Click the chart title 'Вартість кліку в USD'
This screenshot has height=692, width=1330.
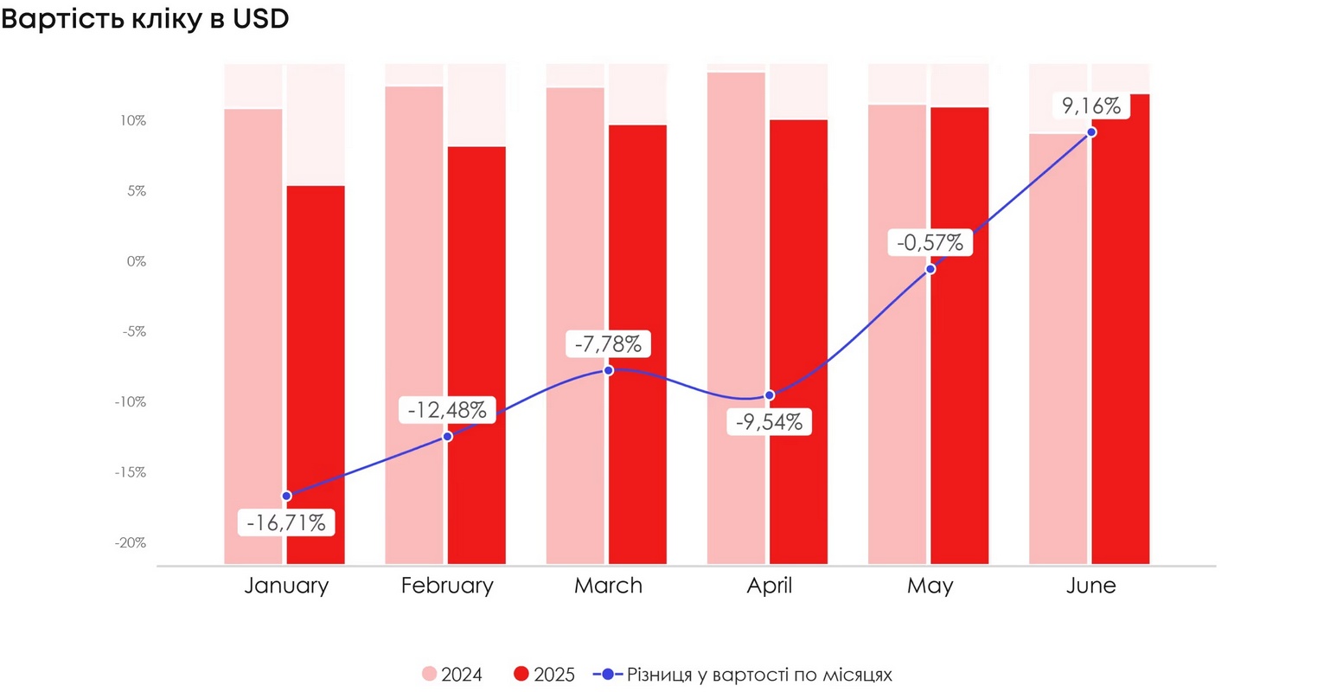[x=145, y=19]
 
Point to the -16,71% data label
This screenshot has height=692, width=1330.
[x=286, y=522]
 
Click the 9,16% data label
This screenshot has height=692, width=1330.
[x=1091, y=106]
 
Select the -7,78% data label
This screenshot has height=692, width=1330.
[x=608, y=344]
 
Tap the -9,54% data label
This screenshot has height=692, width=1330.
[x=769, y=422]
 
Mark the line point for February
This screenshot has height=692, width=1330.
[x=447, y=436]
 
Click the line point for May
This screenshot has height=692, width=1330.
[x=930, y=269]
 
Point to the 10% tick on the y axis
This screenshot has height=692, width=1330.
[x=133, y=121]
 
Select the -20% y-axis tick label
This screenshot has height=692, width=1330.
[x=131, y=543]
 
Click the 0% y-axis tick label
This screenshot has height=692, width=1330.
[x=136, y=261]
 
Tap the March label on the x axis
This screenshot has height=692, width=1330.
[x=608, y=586]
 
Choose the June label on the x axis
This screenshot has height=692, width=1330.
[x=1091, y=586]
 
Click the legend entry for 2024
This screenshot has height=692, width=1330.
[x=452, y=675]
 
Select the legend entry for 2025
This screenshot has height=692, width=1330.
[x=544, y=675]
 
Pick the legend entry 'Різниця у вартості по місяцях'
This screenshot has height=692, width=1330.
[x=744, y=675]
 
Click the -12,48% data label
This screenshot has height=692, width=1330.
[x=447, y=410]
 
